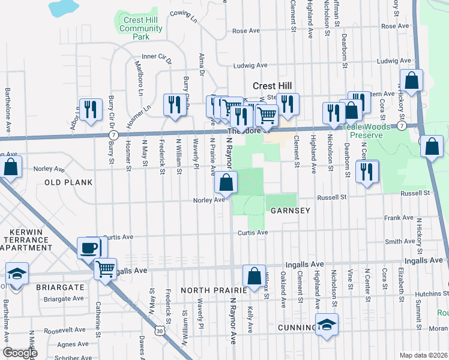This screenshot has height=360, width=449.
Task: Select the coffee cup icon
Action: (x=89, y=247)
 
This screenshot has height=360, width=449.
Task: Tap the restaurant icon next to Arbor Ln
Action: (x=90, y=109)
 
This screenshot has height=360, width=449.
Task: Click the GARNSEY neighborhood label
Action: (x=289, y=211)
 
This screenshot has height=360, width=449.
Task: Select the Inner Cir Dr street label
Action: (x=157, y=57)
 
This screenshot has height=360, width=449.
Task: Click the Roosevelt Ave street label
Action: (x=64, y=330)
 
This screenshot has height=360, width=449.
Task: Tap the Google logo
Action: (x=20, y=353)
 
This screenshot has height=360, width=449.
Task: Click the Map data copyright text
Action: (x=423, y=355)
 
